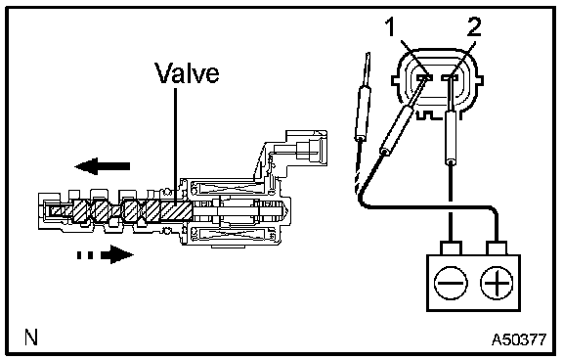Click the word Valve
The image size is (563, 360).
pyautogui.click(x=187, y=73)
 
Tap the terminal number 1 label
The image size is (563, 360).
pyautogui.click(x=390, y=27)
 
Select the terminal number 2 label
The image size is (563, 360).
pyautogui.click(x=474, y=27)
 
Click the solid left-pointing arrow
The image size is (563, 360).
pyautogui.click(x=102, y=166)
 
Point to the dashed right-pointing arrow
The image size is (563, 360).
pyautogui.click(x=105, y=254)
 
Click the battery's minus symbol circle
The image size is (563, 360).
pyautogui.click(x=451, y=283)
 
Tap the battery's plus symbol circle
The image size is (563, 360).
pyautogui.click(x=497, y=283)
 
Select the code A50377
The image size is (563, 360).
pyautogui.click(x=519, y=338)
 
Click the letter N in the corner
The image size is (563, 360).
pyautogui.click(x=31, y=337)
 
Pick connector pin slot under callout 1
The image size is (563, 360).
pyautogui.click(x=425, y=77)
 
